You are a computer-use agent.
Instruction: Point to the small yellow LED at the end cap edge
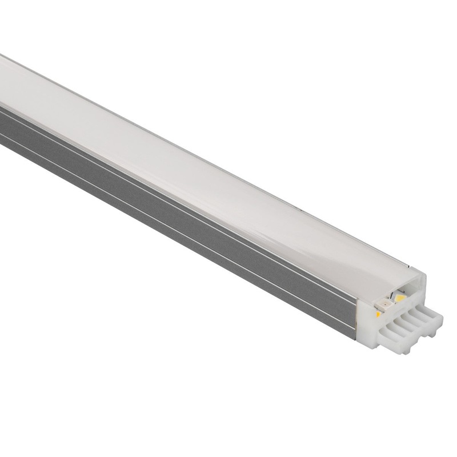point(378,314)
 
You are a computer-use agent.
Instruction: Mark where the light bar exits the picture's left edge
point(2,114)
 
